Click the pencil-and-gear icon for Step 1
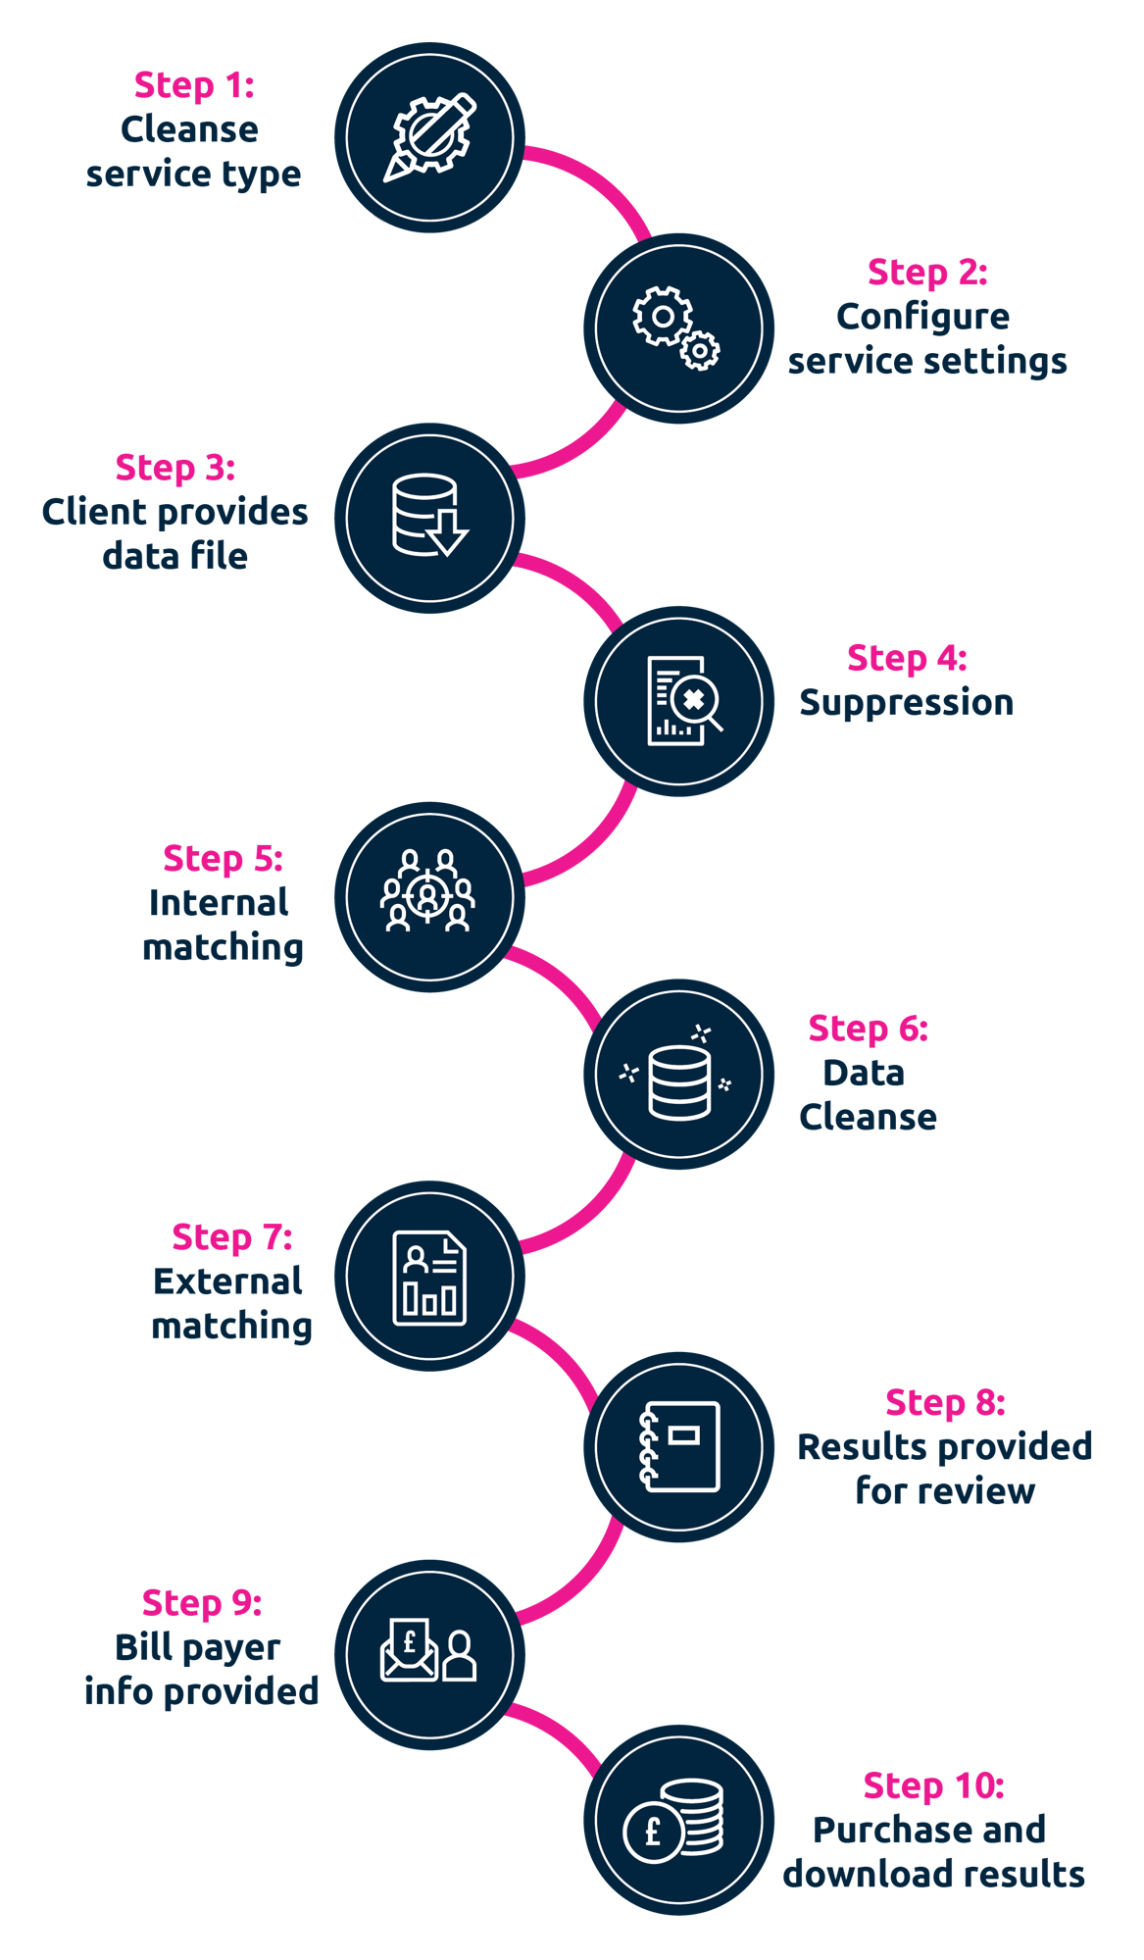tap(429, 137)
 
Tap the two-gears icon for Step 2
tap(677, 327)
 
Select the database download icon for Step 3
tap(429, 517)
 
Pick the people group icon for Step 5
tap(428, 891)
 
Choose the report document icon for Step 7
tap(429, 1278)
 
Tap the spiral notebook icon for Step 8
tap(679, 1447)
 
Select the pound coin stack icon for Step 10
tap(677, 1822)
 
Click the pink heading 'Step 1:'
tap(194, 85)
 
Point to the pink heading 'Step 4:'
tap(907, 659)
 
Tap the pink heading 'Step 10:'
tap(933, 1786)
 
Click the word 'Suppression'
tap(906, 703)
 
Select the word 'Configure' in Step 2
tap(922, 318)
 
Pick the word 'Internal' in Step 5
tap(219, 903)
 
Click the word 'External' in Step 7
tap(227, 1282)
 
